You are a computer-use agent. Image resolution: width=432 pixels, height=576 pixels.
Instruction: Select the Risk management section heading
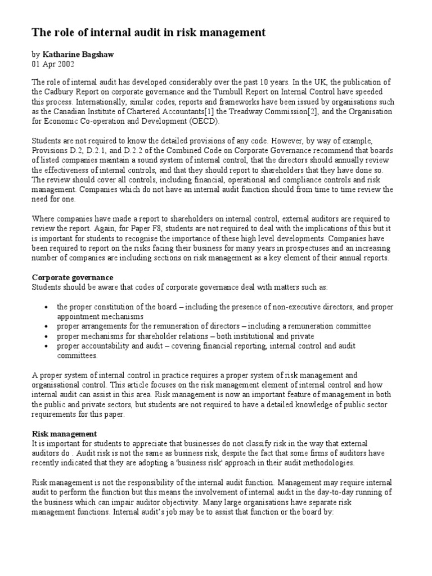(x=65, y=434)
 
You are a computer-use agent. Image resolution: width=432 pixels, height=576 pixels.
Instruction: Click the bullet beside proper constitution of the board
(x=45, y=307)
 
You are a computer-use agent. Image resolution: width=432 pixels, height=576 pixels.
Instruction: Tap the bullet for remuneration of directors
(x=45, y=326)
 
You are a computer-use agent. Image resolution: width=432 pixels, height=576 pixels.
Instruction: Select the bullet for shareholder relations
(x=45, y=336)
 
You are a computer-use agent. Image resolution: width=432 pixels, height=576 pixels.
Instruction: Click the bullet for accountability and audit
(x=45, y=346)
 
